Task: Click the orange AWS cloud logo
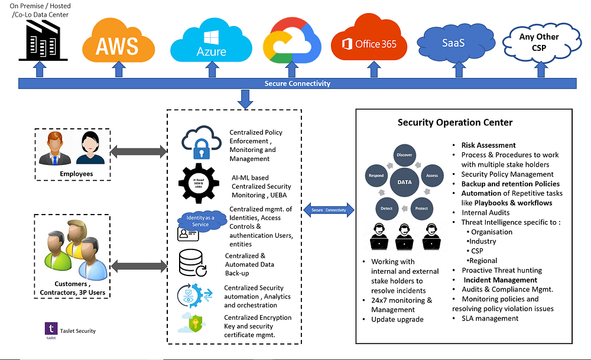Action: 119,41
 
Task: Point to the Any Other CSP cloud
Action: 538,43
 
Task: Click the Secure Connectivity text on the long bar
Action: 297,83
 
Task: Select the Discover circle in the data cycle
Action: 404,155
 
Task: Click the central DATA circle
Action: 404,183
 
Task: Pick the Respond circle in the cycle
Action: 376,176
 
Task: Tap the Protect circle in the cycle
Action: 421,208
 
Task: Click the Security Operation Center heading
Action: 454,123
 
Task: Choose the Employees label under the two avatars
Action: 76,174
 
